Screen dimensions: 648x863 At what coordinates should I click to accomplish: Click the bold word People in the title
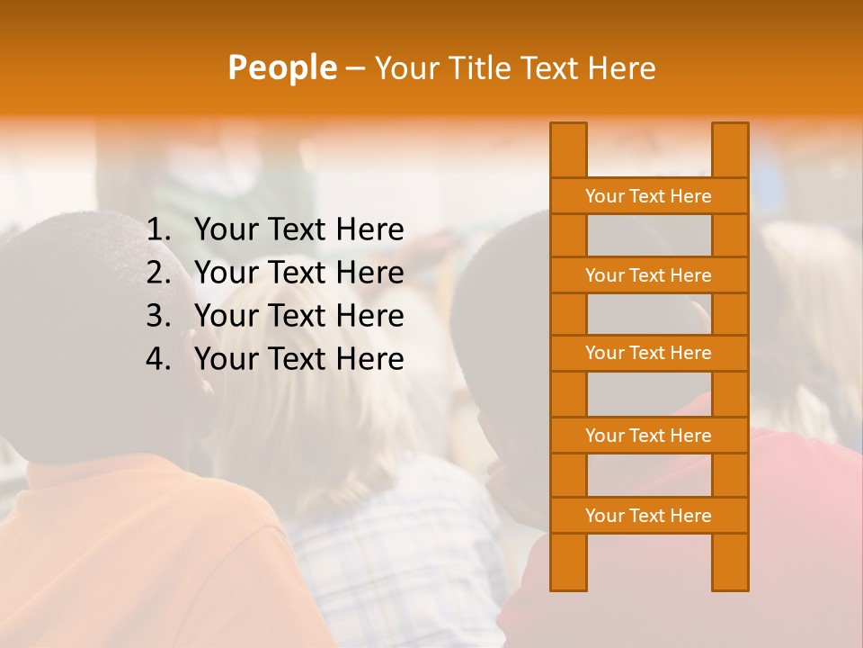[x=281, y=67]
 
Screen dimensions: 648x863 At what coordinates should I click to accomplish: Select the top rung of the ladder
[x=648, y=196]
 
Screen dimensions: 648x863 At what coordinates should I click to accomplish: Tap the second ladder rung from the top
[x=648, y=275]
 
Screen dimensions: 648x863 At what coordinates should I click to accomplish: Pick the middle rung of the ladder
[x=648, y=353]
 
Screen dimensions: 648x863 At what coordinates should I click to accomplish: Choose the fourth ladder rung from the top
[x=648, y=436]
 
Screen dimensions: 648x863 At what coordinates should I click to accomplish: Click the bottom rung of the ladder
[x=648, y=516]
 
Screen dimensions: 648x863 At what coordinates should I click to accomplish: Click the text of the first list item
[x=298, y=230]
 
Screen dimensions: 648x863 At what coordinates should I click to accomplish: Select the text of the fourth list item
[x=298, y=359]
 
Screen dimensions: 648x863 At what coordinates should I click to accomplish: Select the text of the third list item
[x=298, y=316]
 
